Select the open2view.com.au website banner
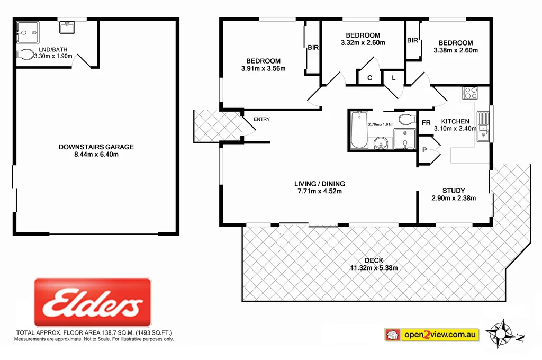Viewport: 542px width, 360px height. pos(431,335)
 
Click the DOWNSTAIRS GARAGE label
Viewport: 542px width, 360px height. pos(96,147)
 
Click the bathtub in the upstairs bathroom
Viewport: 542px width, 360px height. pos(358,130)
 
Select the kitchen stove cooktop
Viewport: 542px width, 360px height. pos(469,93)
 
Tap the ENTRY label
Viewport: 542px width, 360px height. pos(261,119)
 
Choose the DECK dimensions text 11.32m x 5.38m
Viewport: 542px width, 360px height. pos(374,268)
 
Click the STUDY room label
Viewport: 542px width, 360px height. pos(454,191)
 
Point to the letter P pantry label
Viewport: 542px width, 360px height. pos(424,150)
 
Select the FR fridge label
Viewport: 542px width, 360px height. pos(426,123)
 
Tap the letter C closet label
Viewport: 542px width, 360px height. pos(370,78)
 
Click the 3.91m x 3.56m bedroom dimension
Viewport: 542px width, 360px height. pos(263,68)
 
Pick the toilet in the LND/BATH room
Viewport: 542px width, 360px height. pos(24,54)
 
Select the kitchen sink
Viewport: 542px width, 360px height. pos(482,136)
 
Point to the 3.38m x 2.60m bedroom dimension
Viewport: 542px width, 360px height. pos(455,51)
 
